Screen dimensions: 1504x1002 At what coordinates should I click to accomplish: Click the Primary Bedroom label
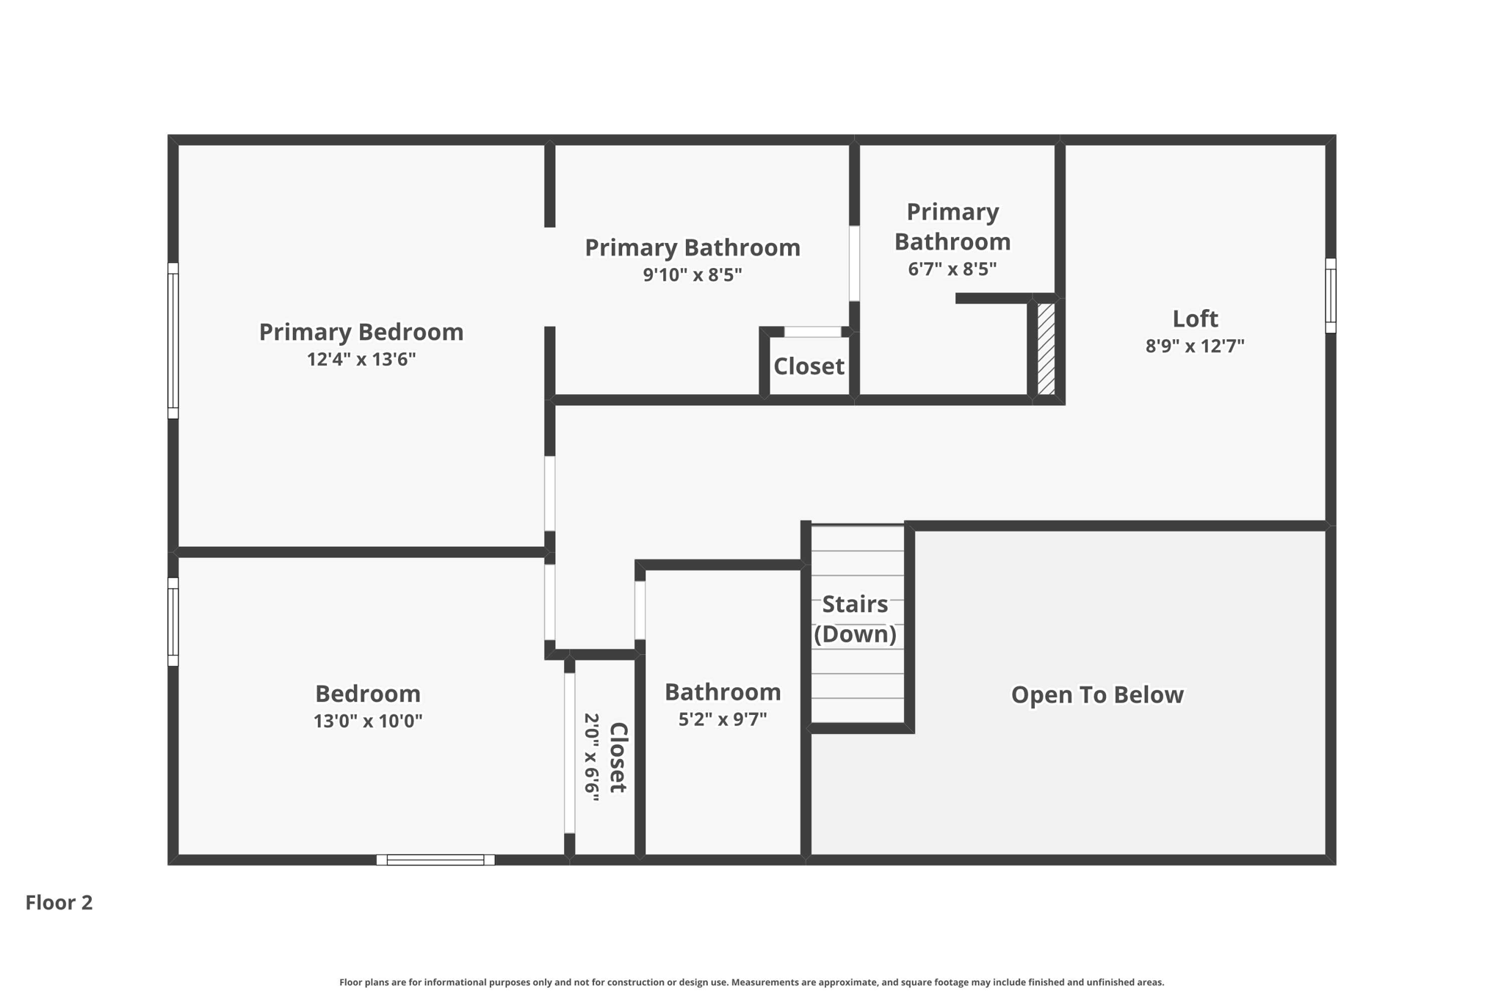pos(361,333)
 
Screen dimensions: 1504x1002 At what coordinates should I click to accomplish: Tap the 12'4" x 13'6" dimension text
pos(361,360)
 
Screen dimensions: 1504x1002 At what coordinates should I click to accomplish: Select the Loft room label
pos(1195,319)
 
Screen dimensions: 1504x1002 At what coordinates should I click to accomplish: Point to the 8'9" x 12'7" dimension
pos(1195,346)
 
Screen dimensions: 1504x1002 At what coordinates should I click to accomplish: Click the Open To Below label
pos(1097,694)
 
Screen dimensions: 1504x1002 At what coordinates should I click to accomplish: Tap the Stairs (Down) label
pos(856,619)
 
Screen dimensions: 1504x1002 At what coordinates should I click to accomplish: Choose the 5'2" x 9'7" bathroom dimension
pos(723,719)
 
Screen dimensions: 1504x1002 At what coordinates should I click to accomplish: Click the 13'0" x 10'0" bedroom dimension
pos(368,721)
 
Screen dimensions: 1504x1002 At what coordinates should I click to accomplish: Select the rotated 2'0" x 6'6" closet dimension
pos(592,757)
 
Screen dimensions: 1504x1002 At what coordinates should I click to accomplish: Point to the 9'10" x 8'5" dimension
pos(693,275)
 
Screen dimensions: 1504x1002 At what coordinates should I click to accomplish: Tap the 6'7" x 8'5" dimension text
pos(952,269)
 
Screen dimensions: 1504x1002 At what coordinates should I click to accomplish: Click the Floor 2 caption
pos(59,902)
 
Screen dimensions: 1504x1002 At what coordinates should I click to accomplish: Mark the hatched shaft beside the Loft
pos(1046,349)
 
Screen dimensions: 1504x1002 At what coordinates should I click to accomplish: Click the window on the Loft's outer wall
pos(1331,295)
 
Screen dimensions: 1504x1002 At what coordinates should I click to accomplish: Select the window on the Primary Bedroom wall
pos(173,341)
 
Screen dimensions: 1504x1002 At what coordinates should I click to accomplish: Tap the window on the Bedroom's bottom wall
pos(435,860)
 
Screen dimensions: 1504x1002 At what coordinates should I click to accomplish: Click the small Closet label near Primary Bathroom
pos(809,366)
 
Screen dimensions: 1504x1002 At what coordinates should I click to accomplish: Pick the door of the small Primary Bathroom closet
pos(813,332)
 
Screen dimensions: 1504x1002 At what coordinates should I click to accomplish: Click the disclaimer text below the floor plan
pos(752,982)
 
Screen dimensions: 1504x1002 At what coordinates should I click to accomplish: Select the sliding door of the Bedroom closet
pos(569,753)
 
